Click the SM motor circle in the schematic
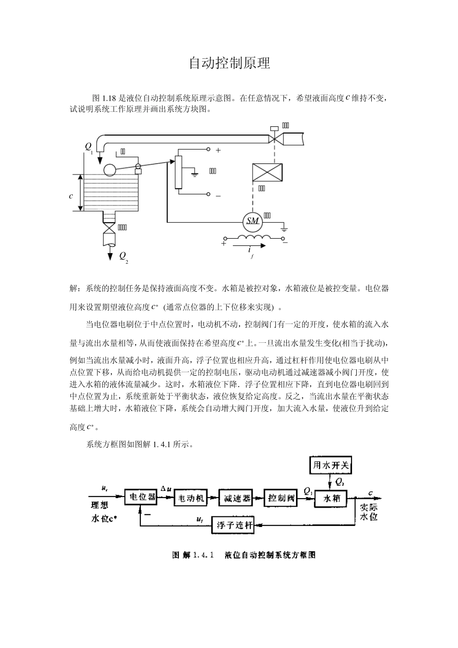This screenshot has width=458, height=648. click(x=253, y=221)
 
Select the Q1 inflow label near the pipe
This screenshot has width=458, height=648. click(x=89, y=146)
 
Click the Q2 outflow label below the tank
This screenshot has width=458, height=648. click(x=123, y=256)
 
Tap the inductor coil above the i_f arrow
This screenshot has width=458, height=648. click(x=253, y=238)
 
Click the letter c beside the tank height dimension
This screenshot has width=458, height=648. click(x=71, y=196)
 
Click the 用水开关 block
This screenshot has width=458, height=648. click(x=332, y=465)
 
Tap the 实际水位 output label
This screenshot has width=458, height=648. click(x=369, y=512)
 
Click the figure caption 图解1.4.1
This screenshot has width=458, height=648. click(x=244, y=555)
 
